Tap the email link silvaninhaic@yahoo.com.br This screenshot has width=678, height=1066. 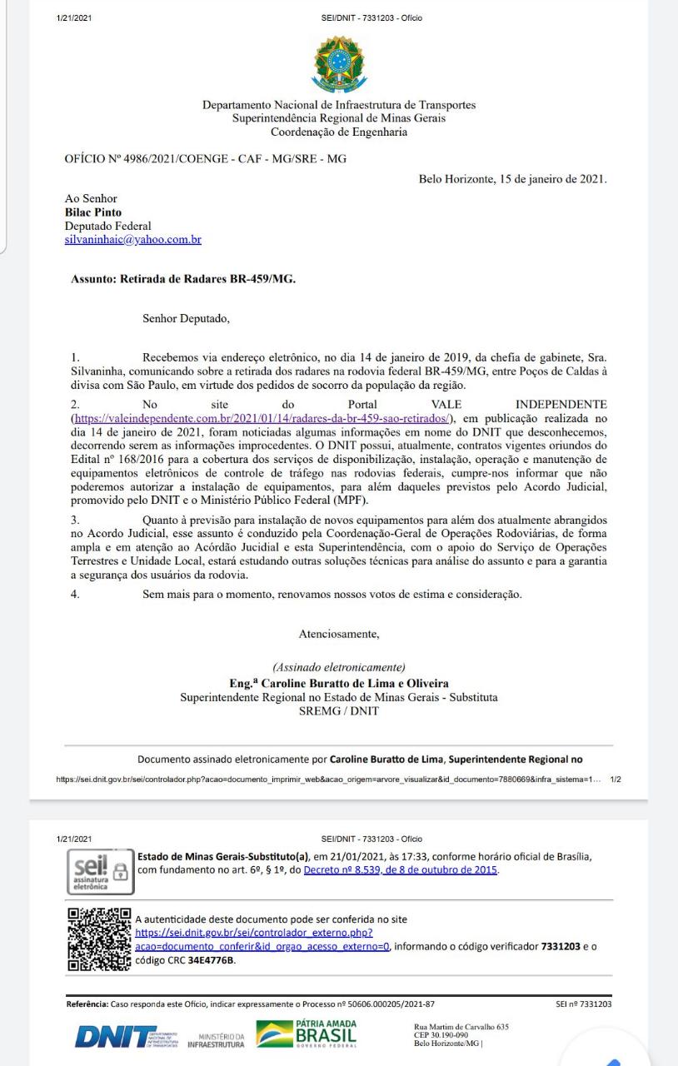click(133, 239)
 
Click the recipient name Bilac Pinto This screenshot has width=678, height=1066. click(92, 212)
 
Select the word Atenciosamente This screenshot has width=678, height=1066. click(338, 635)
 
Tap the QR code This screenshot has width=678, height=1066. click(98, 939)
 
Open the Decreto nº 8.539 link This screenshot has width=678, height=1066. click(401, 870)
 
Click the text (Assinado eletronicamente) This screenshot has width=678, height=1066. click(338, 667)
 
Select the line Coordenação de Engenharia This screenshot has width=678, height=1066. click(338, 132)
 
